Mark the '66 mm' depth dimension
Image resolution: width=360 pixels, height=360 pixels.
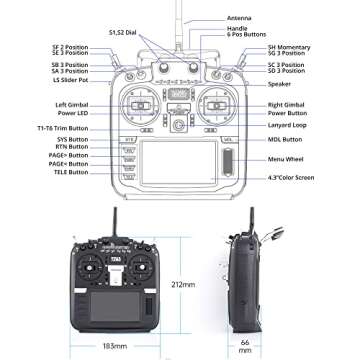coord(246,345)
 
